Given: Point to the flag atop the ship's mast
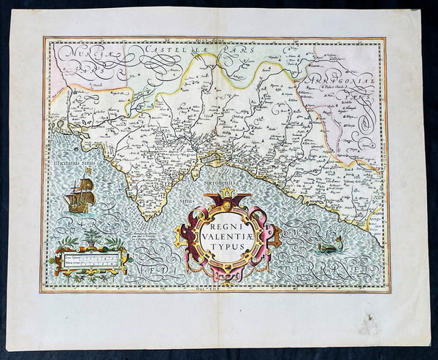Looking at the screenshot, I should (88, 172).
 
